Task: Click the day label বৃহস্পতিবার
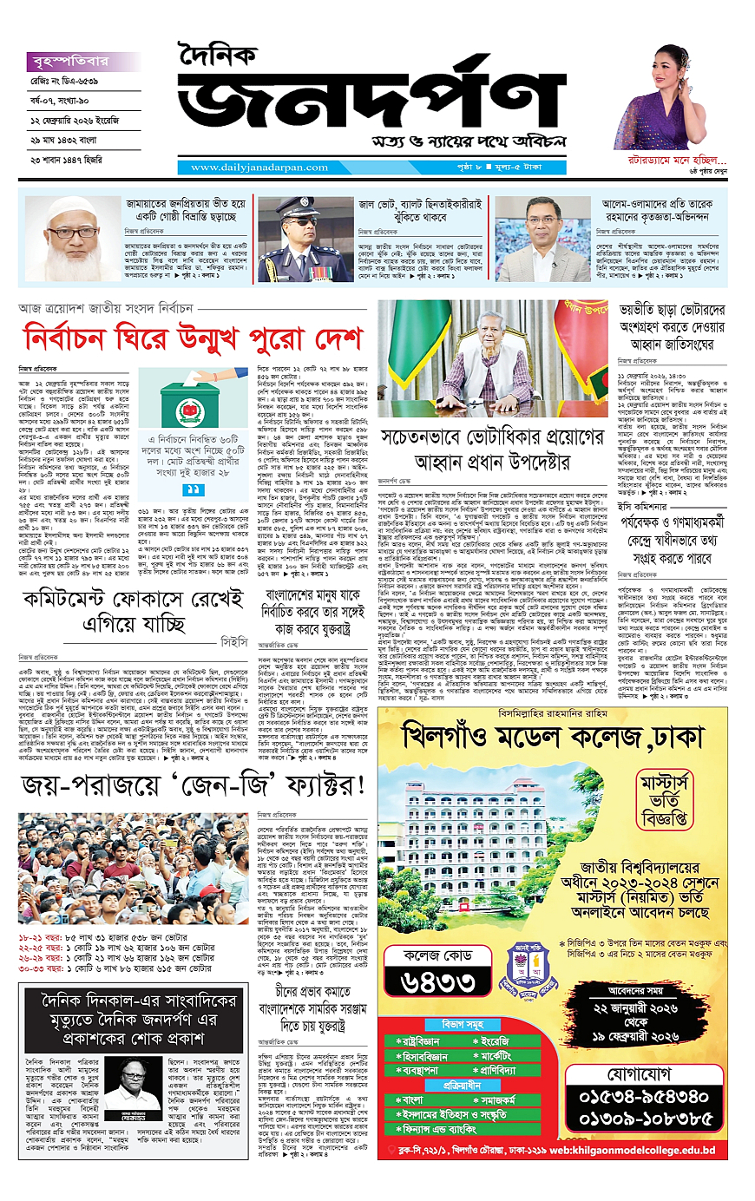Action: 69,62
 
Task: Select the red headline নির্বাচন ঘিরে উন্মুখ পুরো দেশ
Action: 193,337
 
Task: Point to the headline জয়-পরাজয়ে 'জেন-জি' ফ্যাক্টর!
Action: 193,786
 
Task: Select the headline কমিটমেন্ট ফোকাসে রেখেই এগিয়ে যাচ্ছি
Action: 135,611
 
